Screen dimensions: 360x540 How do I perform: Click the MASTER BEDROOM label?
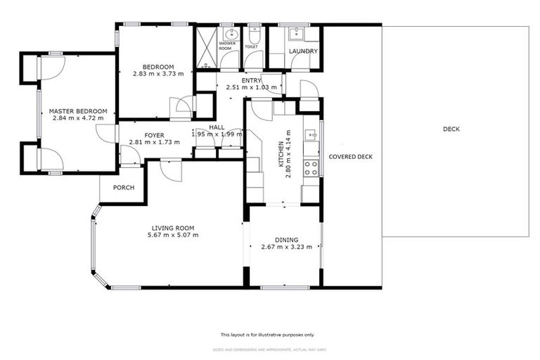(x=77, y=111)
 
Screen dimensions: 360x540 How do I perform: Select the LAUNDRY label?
(x=303, y=51)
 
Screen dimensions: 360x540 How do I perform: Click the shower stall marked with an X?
(x=206, y=47)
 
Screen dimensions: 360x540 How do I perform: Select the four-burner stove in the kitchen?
(x=310, y=167)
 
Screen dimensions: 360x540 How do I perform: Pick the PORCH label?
(x=123, y=188)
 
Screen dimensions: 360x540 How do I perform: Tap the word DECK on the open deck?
(x=451, y=129)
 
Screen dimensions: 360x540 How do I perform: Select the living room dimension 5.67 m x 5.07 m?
(x=172, y=235)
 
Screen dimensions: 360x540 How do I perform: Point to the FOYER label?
(x=154, y=135)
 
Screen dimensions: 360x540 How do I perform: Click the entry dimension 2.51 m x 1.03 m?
(x=251, y=87)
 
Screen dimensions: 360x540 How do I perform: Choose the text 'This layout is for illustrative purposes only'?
(x=267, y=335)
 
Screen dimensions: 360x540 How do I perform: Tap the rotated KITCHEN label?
(x=281, y=153)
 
